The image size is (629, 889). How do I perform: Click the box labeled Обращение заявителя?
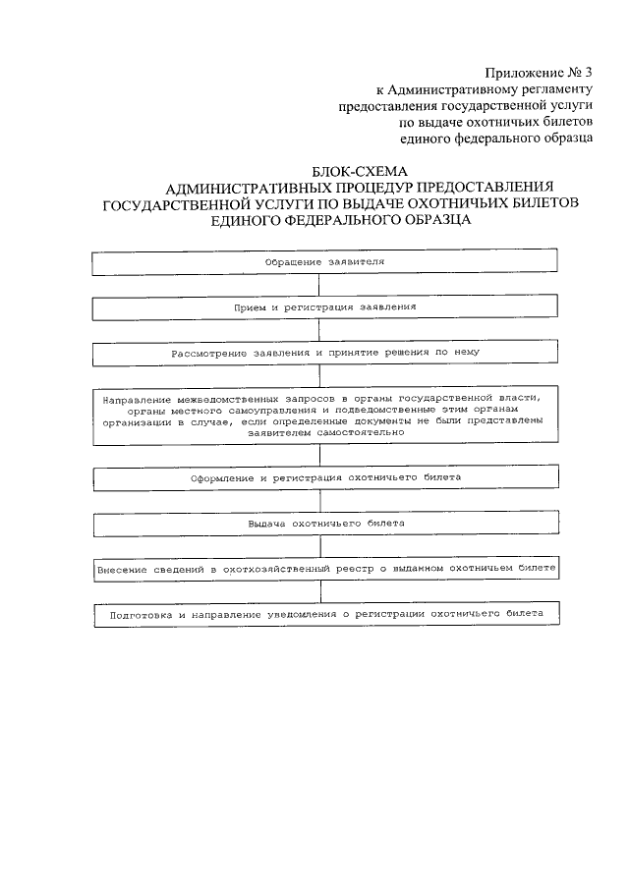[325, 262]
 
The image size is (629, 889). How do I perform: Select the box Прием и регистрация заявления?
[325, 307]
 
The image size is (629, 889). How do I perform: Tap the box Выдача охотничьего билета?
[325, 525]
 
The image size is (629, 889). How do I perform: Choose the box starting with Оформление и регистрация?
[325, 477]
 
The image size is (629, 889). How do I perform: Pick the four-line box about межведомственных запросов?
[325, 414]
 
